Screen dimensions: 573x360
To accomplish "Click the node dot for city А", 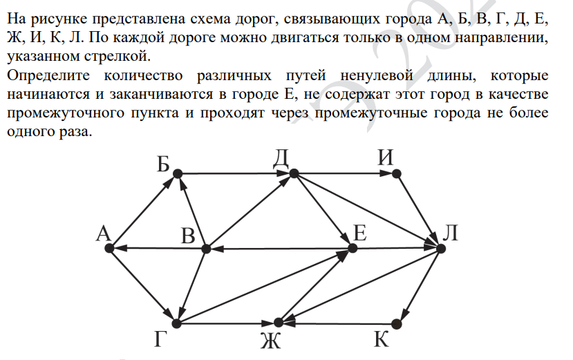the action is (109, 248).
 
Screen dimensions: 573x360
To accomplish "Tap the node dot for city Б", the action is (177, 173).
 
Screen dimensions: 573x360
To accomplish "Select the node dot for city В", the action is (206, 249).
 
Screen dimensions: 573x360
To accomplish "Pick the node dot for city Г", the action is (176, 323).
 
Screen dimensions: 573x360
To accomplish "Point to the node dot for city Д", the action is (294, 173).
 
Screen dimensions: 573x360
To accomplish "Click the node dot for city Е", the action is (353, 248).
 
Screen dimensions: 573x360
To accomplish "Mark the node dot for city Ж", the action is (279, 323).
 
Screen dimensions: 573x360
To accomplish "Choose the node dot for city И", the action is (397, 173).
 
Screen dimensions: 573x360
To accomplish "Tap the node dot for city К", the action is (397, 324).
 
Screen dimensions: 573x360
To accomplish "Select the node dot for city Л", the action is (441, 249).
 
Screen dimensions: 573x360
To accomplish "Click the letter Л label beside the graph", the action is (450, 233).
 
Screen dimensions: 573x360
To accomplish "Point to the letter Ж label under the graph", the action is (271, 341).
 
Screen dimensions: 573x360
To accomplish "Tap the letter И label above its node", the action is (386, 158).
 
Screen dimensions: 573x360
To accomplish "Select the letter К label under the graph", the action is (381, 339).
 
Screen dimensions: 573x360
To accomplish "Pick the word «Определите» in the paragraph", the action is (48, 76).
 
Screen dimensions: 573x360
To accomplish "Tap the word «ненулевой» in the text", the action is (377, 75).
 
